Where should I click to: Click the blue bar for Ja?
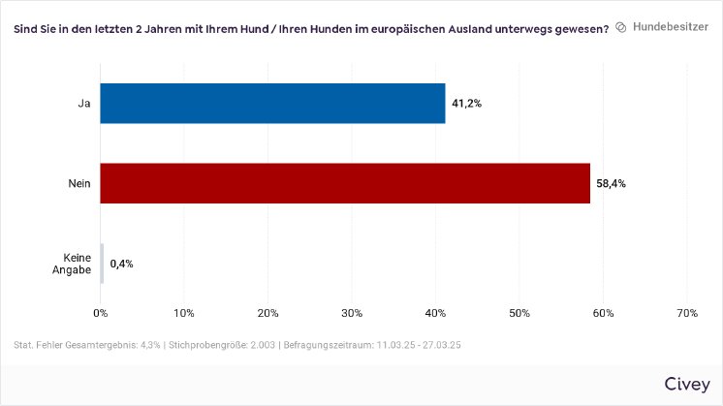click(272, 103)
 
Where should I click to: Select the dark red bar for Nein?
click(345, 183)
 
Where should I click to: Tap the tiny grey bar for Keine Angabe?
click(102, 264)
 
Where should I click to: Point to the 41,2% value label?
click(466, 103)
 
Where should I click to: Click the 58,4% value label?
click(611, 183)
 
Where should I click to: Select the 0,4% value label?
click(121, 264)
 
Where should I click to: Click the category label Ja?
click(84, 103)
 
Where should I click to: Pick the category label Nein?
click(79, 183)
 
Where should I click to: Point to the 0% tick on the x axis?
click(101, 313)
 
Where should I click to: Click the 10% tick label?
click(184, 313)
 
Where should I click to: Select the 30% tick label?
click(352, 313)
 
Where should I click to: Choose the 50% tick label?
click(519, 313)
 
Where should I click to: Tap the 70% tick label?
click(686, 313)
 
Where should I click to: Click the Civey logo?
click(686, 384)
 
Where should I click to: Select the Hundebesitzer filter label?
click(671, 28)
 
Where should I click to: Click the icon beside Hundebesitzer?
click(621, 28)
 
